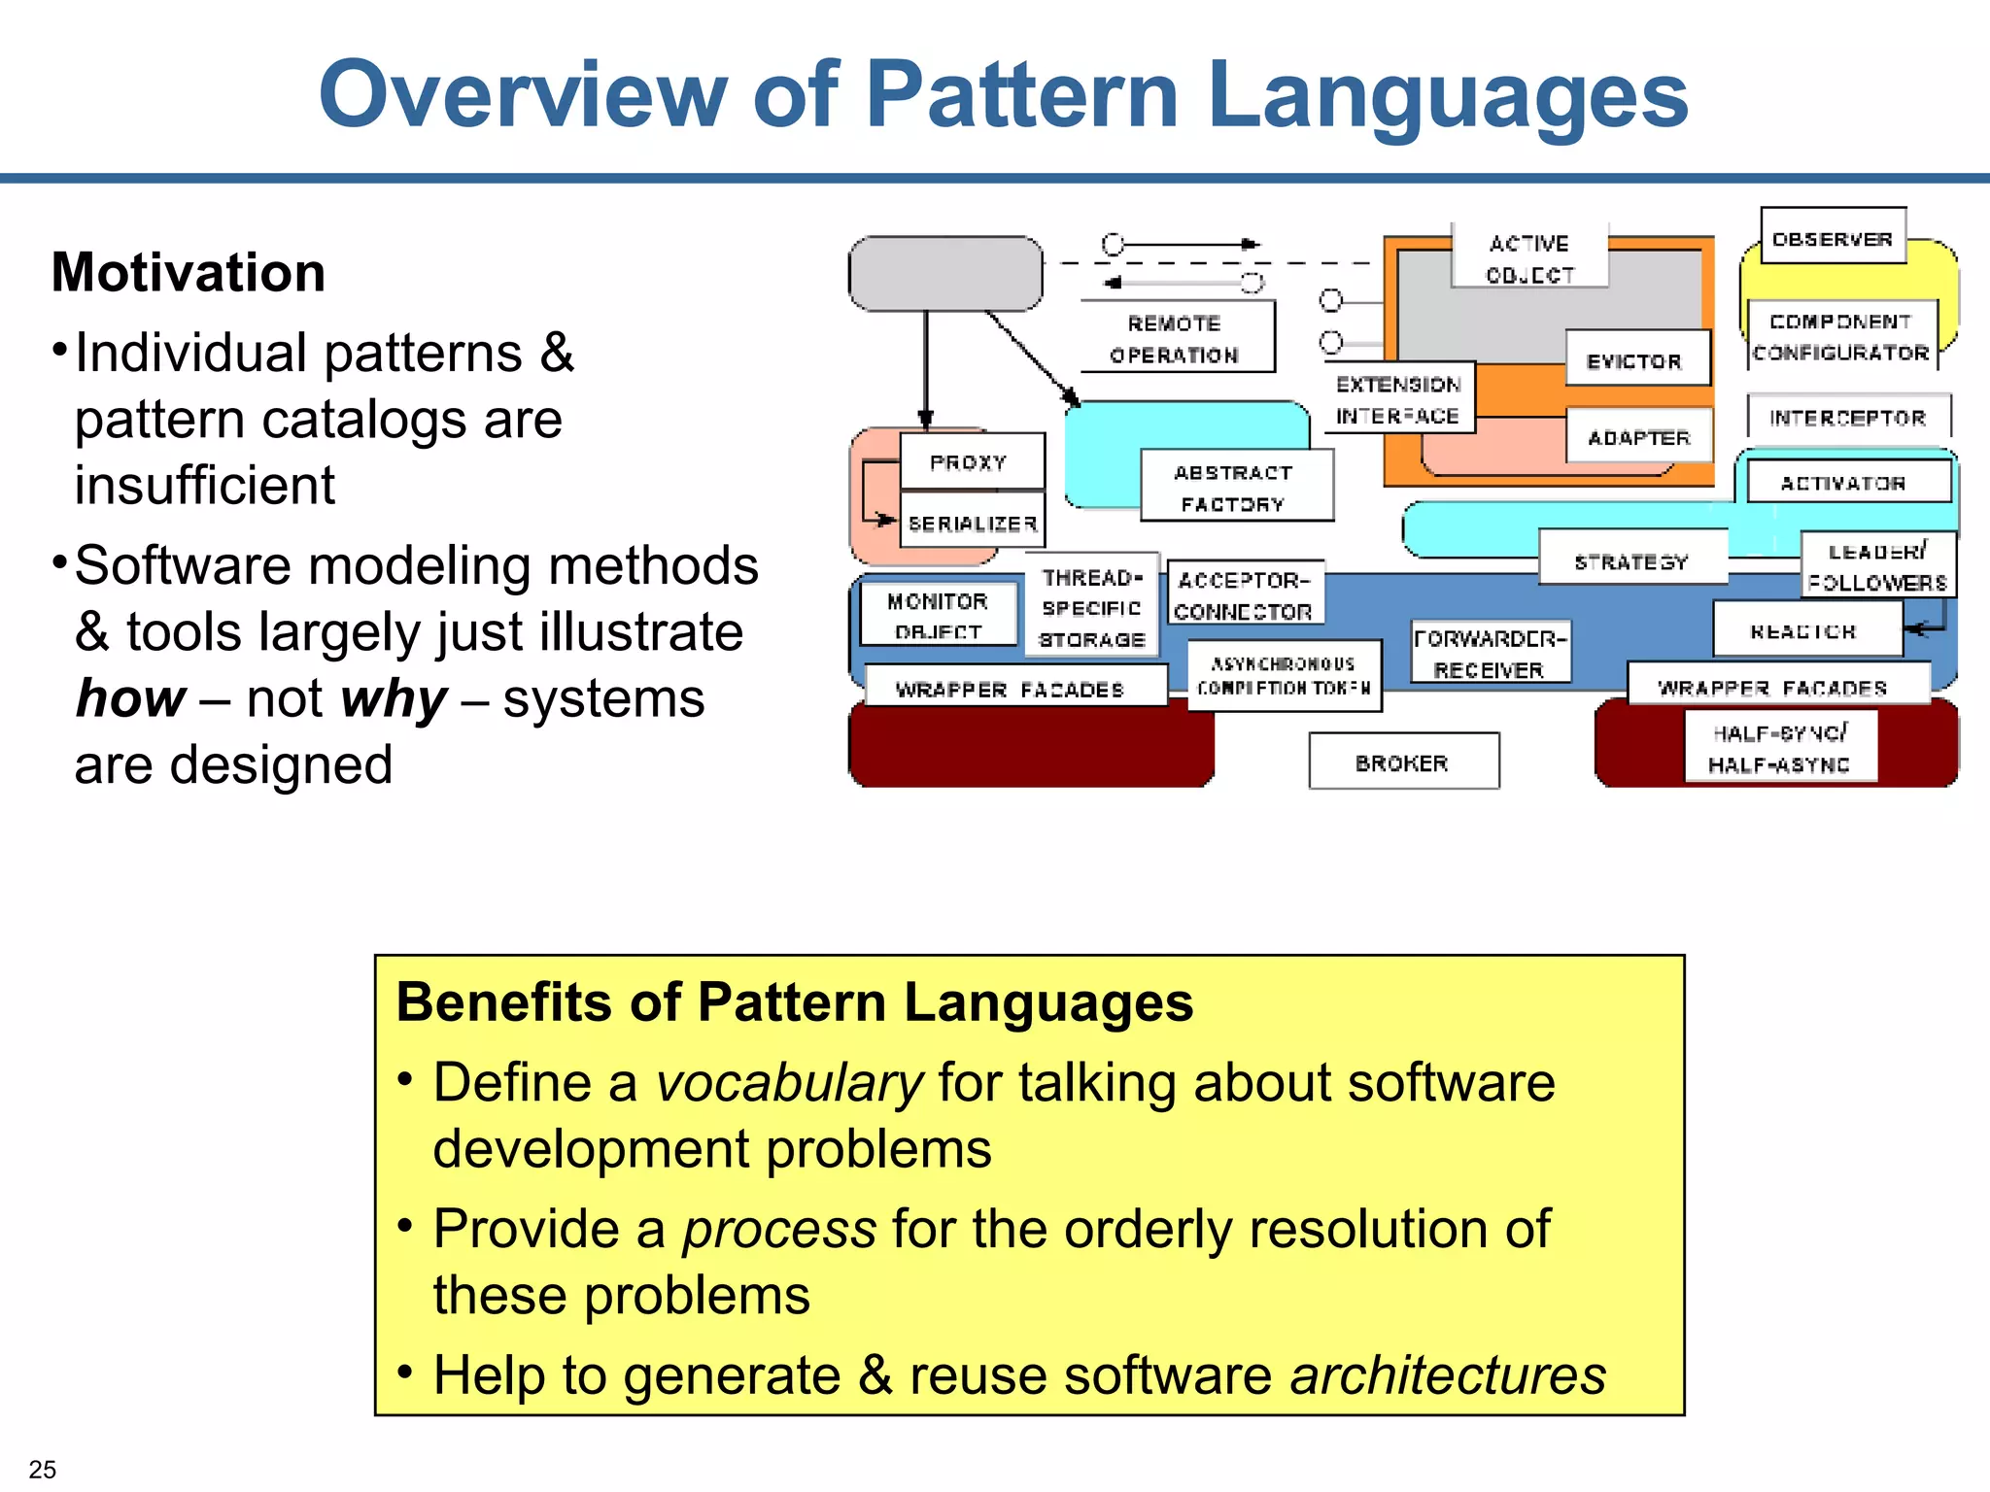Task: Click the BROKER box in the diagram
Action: [1403, 762]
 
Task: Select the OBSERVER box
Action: [1833, 237]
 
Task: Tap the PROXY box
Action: [971, 461]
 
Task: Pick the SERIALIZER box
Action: [972, 523]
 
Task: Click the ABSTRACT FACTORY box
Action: [1235, 487]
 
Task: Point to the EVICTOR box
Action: [1636, 359]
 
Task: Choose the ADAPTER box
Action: [1638, 436]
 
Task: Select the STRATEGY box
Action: [1631, 559]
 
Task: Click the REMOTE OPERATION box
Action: [1176, 337]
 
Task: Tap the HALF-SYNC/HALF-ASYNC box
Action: [1779, 748]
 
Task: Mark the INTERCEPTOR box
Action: [1847, 417]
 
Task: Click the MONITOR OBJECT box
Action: [938, 615]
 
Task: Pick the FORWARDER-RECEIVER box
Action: [1489, 653]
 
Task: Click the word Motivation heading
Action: [189, 272]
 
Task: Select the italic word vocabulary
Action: [789, 1082]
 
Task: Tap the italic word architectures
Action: [1448, 1374]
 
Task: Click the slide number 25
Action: [43, 1469]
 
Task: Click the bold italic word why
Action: [394, 698]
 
